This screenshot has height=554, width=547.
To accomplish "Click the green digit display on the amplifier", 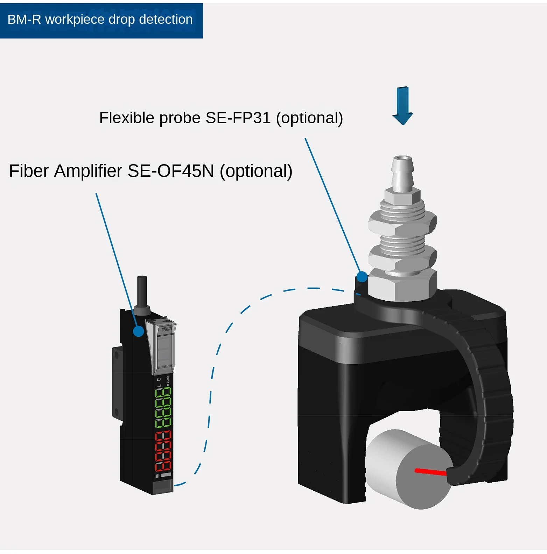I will coord(163,407).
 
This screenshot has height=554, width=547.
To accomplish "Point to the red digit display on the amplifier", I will coord(163,451).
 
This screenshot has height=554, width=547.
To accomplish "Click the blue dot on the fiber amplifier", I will coord(139,331).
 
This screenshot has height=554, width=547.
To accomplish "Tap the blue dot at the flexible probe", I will coord(362,277).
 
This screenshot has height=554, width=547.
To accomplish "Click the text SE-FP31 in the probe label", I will coord(238,118).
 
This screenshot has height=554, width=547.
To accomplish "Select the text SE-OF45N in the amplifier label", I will coord(171,171).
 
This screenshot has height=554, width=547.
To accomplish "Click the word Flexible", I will coord(127,118).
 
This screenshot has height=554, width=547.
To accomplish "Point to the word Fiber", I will coord(29,171).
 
